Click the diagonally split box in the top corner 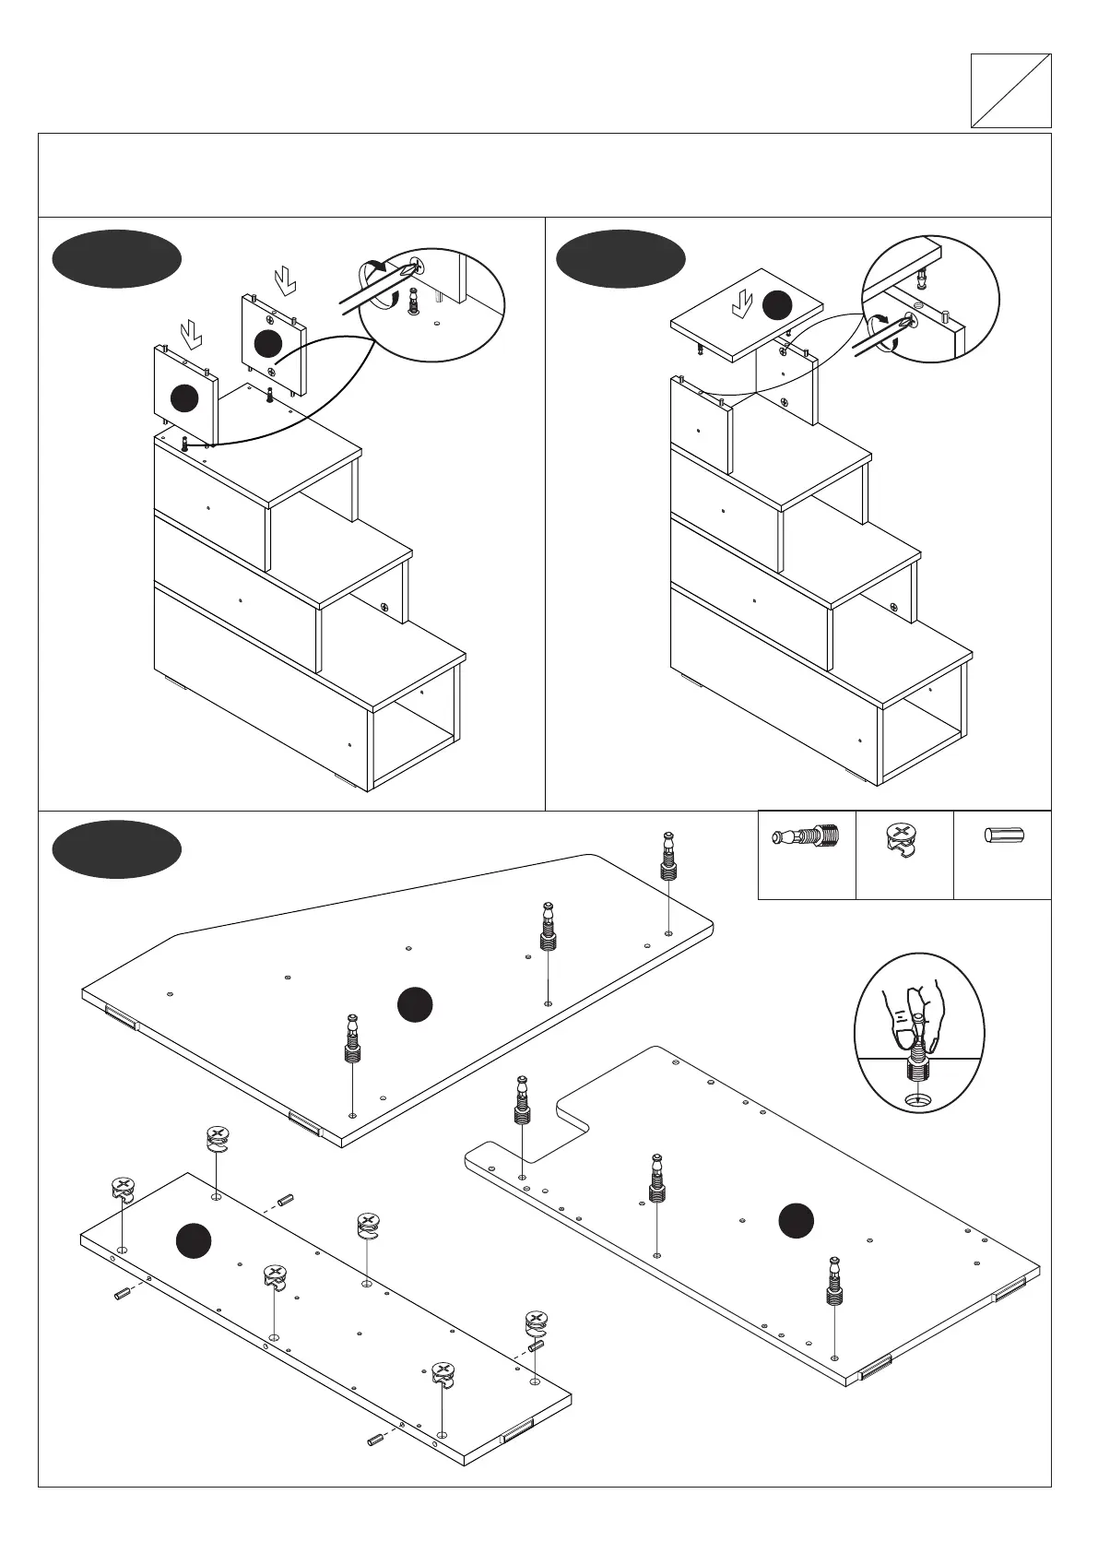(1010, 90)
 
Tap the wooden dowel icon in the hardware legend (1002, 836)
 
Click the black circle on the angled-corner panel (415, 1004)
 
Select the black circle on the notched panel (796, 1220)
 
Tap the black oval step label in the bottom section (116, 848)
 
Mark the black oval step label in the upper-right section (621, 259)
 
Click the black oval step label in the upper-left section (116, 259)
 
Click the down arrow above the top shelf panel (741, 302)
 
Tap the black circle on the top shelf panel (776, 303)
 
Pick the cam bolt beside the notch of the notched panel (523, 1098)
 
